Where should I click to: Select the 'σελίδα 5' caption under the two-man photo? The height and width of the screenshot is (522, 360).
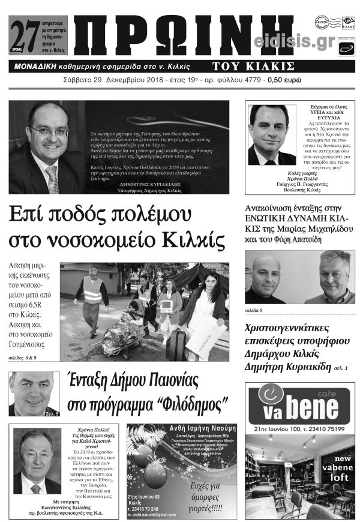tap(254, 310)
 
